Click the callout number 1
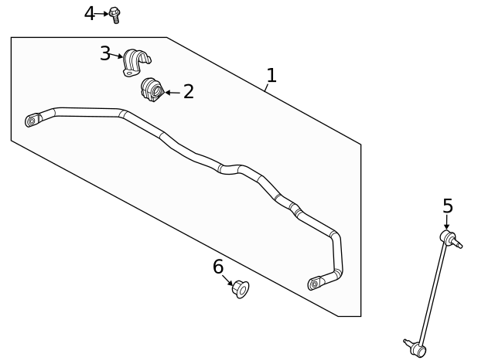tap(271, 76)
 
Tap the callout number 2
tap(188, 93)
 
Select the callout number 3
tap(105, 54)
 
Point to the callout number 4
tap(90, 14)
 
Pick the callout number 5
tap(447, 207)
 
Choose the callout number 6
tap(218, 267)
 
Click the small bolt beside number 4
tap(115, 15)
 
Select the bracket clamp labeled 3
tap(135, 63)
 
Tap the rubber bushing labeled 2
tap(152, 90)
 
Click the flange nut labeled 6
tap(241, 290)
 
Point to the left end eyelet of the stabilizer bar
tap(32, 120)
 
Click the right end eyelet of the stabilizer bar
tap(314, 284)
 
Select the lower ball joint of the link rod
tap(418, 350)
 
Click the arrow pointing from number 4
tap(103, 14)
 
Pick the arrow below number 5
tap(446, 223)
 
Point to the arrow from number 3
tap(117, 56)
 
